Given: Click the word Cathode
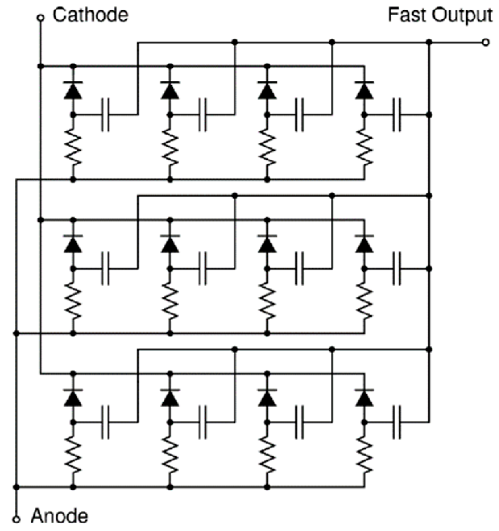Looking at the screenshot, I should click(x=90, y=15).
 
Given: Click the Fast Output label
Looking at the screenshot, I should click(x=440, y=15).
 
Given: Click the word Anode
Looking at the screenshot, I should click(x=59, y=516).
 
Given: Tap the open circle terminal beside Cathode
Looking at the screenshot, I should click(x=40, y=17).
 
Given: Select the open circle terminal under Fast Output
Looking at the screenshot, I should click(x=486, y=42).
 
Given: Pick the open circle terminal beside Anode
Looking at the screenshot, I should click(x=16, y=519).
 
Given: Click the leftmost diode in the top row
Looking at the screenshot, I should click(x=73, y=90).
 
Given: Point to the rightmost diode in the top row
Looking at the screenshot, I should click(x=364, y=90).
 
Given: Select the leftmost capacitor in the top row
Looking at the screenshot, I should click(x=105, y=115).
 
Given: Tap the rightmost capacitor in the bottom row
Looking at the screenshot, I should click(x=397, y=422).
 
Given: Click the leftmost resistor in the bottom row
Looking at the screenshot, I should click(x=73, y=455).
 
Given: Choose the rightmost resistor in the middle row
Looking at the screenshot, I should click(x=364, y=302).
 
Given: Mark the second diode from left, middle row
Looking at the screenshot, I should click(x=170, y=244).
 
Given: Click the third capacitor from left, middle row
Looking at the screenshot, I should click(x=299, y=269).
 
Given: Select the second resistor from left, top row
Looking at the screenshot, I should click(x=170, y=148).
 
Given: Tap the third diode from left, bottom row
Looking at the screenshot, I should click(x=267, y=398).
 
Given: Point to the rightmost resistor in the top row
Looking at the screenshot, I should click(x=364, y=148).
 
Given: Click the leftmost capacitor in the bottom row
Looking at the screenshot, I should click(x=105, y=422).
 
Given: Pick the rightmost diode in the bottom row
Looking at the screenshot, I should click(x=364, y=398).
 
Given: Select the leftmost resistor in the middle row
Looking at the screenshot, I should click(x=73, y=302).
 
